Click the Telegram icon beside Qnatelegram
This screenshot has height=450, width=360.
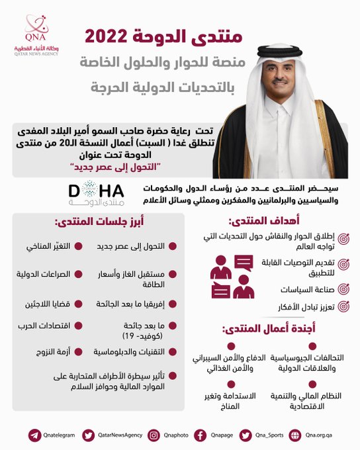(34, 435)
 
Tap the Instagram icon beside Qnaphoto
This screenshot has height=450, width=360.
(154, 435)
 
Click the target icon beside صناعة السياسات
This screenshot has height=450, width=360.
(343, 289)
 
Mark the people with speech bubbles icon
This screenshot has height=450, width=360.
(232, 277)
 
